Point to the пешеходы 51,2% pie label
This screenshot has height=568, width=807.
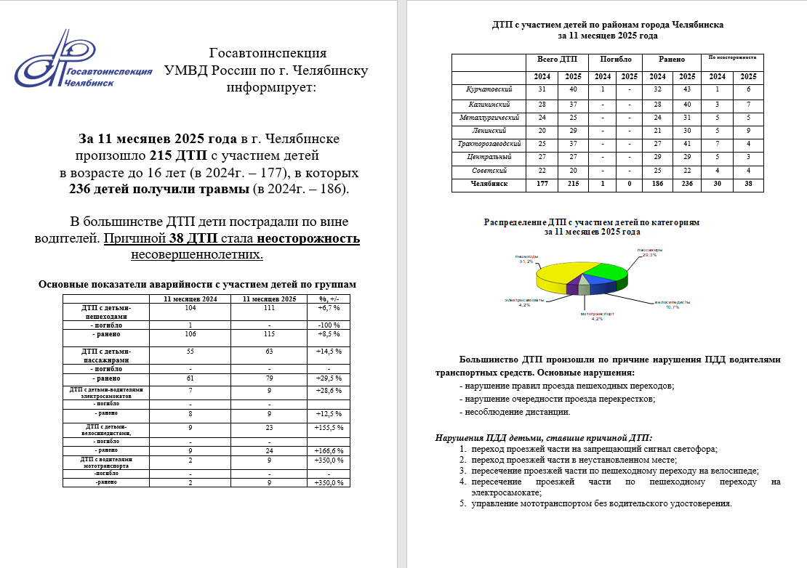[x=527, y=259]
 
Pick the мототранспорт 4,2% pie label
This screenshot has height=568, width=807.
[x=598, y=316]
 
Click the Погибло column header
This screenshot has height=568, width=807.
[x=615, y=60]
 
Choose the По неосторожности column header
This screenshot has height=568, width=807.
[x=733, y=57]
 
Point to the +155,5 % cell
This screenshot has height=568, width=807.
[x=328, y=428]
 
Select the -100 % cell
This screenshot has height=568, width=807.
[x=328, y=325]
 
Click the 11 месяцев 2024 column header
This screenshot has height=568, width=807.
[x=190, y=299]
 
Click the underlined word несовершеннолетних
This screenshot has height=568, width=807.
[x=197, y=255]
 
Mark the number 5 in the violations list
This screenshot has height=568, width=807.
[x=462, y=503]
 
